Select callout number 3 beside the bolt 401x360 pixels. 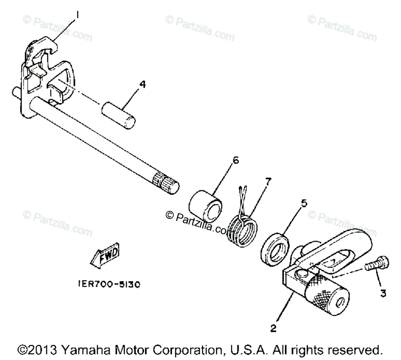383,294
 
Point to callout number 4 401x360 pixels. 142,85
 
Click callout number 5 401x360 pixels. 304,203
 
